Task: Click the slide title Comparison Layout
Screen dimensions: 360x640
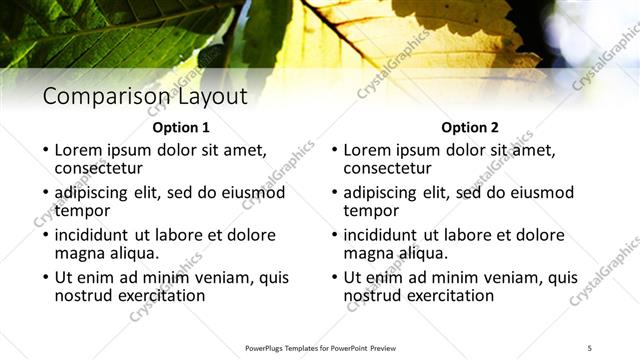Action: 145,97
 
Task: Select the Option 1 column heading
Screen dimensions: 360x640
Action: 181,128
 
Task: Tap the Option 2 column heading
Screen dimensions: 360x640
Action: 469,128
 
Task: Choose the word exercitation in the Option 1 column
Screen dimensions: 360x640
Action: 160,296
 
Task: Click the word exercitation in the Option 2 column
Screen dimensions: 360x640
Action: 449,296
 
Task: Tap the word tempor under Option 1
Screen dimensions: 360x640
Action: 82,210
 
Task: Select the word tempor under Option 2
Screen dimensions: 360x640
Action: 371,210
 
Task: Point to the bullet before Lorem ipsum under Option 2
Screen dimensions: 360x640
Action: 335,150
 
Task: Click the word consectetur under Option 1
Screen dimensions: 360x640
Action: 99,168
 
